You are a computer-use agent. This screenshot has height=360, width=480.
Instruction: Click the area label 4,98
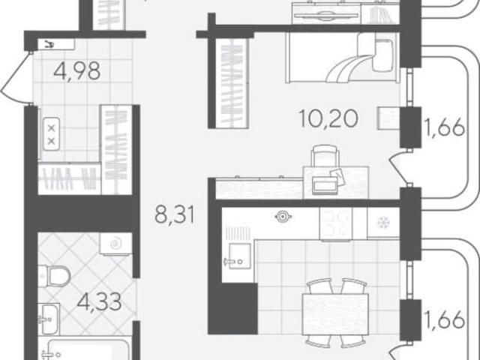pos(76,70)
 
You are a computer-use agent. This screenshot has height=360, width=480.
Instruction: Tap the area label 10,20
pos(328,118)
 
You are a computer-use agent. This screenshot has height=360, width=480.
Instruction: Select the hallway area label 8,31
pos(175,214)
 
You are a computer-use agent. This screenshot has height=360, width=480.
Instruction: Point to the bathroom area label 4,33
pos(99,301)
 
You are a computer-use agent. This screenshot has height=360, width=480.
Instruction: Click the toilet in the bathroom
pos(54,276)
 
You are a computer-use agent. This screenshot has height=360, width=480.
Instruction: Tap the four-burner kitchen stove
pos(336,223)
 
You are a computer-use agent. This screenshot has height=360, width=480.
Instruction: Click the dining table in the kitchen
pos(335,314)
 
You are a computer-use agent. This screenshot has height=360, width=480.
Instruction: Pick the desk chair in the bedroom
pos(325,155)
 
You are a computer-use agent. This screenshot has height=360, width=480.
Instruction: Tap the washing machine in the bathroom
pos(115,243)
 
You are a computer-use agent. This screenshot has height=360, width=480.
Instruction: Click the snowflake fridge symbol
pos(383,223)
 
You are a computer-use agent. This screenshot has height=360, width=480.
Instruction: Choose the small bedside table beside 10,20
pos(388,118)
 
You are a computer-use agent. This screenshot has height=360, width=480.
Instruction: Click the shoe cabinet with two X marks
pos(51,133)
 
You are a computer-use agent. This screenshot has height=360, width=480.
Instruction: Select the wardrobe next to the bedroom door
pos(232,82)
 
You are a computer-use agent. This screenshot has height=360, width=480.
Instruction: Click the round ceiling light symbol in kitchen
pos(283,217)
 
